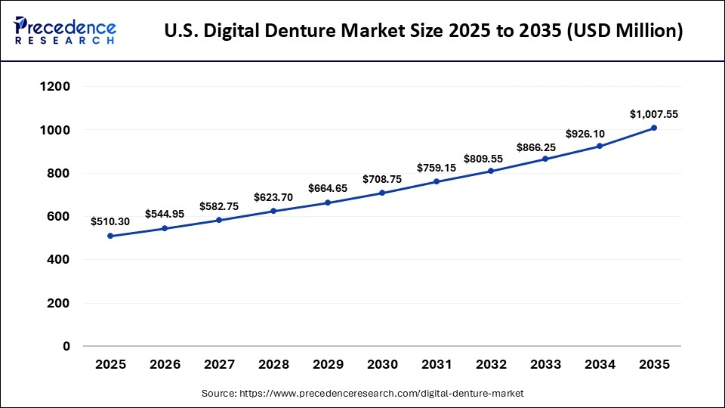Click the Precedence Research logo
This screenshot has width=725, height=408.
pos(65,30)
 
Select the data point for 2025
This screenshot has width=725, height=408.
pos(110,236)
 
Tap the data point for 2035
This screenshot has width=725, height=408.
pos(654,128)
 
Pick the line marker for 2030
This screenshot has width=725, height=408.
pos(382,193)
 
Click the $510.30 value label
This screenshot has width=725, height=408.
pos(110,221)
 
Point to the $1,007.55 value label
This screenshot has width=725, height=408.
pos(654,114)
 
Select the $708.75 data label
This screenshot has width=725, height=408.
pos(382,179)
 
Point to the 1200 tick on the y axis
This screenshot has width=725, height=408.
pos(55,87)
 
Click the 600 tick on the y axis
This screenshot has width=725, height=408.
pos(60,217)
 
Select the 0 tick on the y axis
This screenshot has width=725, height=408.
pos(66,347)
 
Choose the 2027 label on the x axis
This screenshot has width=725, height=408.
pos(219,364)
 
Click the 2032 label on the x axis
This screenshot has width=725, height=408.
pos(491,364)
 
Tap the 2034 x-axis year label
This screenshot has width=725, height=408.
pos(600,364)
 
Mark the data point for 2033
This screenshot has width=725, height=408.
pos(545,159)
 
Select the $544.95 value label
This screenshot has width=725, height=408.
pos(165,214)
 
